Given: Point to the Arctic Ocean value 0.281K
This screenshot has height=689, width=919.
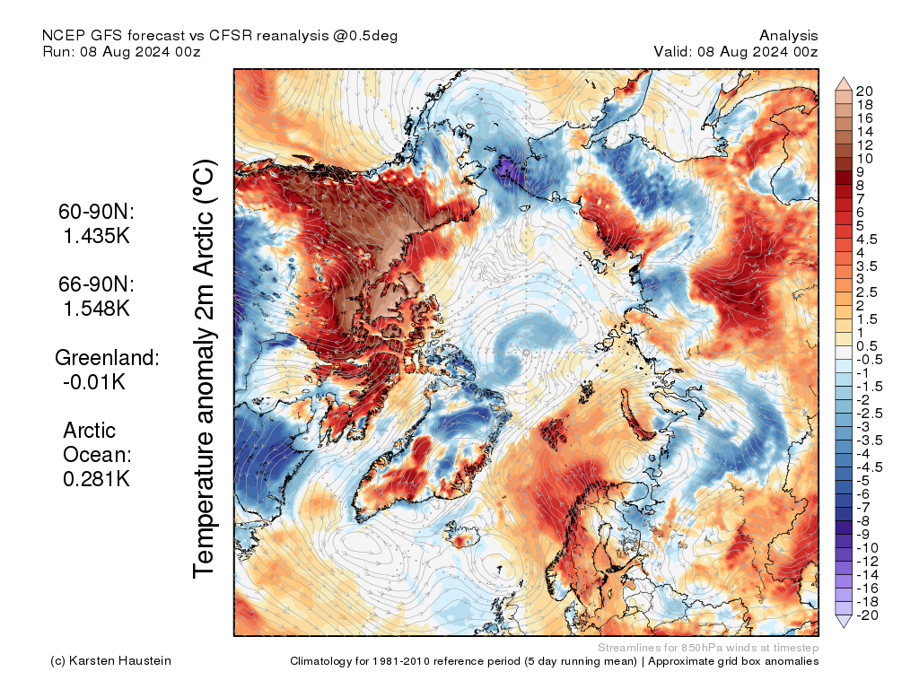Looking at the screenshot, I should [97, 479].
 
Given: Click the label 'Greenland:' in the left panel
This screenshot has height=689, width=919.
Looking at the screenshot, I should [107, 358].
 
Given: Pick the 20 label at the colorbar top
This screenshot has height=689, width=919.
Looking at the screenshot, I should [864, 91].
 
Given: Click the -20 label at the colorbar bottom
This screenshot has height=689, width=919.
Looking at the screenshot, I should [867, 615].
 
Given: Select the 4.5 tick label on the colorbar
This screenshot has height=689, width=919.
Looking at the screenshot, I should [867, 239].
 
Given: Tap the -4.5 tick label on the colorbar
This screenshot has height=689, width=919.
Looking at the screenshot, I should [870, 467].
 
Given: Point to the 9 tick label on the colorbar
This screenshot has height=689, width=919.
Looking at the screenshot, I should [860, 171].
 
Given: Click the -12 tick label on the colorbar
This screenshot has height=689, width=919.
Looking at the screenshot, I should [867, 561].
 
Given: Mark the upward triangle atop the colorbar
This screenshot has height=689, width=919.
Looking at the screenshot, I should [844, 84].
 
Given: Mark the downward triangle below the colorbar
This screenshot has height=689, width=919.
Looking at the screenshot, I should [844, 621].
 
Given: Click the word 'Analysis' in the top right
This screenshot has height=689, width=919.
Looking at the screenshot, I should [788, 36].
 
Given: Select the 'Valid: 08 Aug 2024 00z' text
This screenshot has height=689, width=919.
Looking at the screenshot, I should [736, 51].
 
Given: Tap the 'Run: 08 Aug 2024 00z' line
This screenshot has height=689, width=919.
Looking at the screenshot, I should [121, 51].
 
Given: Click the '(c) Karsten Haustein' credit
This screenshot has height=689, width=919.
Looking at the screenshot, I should [110, 661].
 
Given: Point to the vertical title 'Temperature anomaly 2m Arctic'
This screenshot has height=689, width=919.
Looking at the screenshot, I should [205, 368].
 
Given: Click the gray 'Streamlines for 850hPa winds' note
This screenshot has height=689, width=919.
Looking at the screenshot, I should [707, 647].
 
